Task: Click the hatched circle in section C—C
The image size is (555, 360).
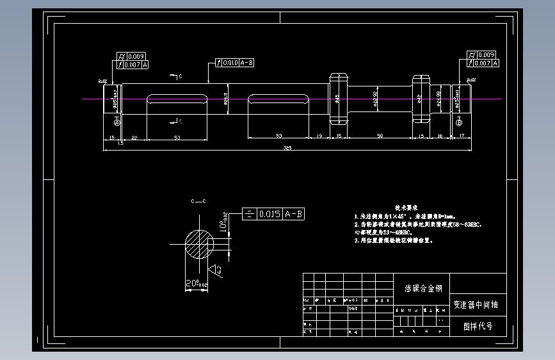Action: coord(200,244)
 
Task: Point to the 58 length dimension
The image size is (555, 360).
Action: coord(380,136)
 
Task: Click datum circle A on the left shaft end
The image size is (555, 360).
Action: coord(116,122)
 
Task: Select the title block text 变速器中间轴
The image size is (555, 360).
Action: coord(475,305)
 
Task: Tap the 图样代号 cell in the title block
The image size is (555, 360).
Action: coord(478,326)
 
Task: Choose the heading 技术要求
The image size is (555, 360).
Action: coord(406,208)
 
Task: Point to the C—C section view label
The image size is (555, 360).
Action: coord(198,201)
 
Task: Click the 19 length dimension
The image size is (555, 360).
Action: coord(319,136)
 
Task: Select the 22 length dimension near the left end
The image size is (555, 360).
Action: coord(134,137)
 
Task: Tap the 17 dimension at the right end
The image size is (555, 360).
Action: coord(462,136)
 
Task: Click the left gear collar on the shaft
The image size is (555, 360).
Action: coord(338,99)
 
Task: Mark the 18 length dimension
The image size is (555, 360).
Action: coord(440,136)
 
